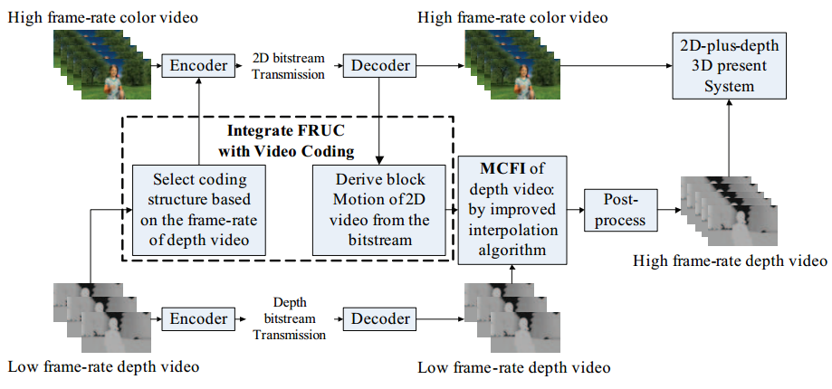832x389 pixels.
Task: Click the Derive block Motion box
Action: (x=380, y=211)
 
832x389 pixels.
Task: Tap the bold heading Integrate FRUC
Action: (x=286, y=133)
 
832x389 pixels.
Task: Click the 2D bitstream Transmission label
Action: (x=287, y=66)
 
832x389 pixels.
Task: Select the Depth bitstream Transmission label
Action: (x=287, y=318)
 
